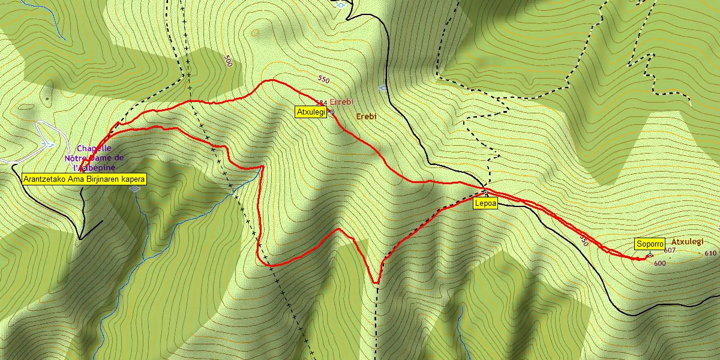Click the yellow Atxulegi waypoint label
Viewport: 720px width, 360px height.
311,112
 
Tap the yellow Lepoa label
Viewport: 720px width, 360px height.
485,204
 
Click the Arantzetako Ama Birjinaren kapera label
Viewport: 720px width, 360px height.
84,179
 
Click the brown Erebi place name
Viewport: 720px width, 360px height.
366,116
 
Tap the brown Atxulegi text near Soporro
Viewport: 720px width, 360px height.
686,241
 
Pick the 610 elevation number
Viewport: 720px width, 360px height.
710,253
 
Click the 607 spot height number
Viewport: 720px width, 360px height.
670,250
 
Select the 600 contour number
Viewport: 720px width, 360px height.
659,263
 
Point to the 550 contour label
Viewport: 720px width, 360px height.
324,79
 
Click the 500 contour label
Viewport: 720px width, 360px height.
228,60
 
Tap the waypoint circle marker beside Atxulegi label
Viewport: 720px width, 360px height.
332,112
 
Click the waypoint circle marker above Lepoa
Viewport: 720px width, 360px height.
485,193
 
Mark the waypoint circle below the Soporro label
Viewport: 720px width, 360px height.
650,255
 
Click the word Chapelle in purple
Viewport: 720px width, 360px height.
94,148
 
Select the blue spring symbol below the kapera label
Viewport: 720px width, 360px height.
134,188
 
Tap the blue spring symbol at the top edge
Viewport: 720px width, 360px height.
341,4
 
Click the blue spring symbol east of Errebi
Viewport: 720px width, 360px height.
383,88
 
